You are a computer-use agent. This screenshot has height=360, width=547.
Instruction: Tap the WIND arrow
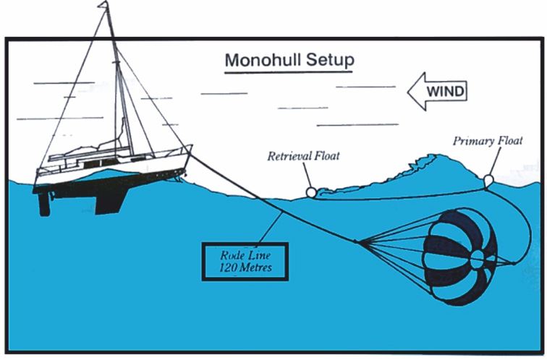[436, 92]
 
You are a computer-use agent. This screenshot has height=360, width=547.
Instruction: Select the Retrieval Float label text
[304, 155]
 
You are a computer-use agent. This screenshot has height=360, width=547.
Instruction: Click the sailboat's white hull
[109, 173]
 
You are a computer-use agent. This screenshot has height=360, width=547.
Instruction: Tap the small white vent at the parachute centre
[478, 257]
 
